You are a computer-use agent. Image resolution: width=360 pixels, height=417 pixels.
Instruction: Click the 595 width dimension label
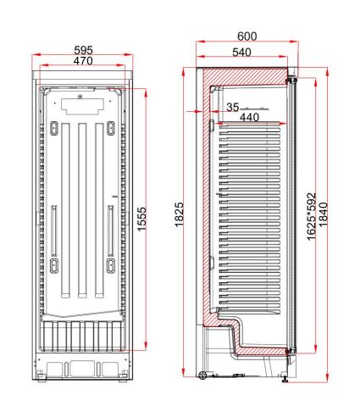pos(83,50)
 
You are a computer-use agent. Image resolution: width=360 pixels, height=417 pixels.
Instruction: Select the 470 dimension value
pos(83,60)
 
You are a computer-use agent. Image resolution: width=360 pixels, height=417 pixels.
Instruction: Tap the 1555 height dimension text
pos(142,219)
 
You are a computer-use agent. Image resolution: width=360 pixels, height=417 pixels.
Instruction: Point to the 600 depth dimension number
pos(247,36)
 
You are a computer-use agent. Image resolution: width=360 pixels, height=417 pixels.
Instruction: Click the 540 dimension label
pos(241,53)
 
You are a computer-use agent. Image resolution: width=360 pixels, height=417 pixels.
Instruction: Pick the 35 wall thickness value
pos(233,107)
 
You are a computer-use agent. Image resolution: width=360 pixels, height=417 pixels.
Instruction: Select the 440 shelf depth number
pos(249,117)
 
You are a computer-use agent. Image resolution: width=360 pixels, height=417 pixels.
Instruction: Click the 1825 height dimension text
pos(179,214)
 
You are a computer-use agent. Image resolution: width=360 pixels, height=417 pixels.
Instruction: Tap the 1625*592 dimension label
pos(311,216)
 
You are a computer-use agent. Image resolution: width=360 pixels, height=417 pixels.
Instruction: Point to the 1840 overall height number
pos(324,214)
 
